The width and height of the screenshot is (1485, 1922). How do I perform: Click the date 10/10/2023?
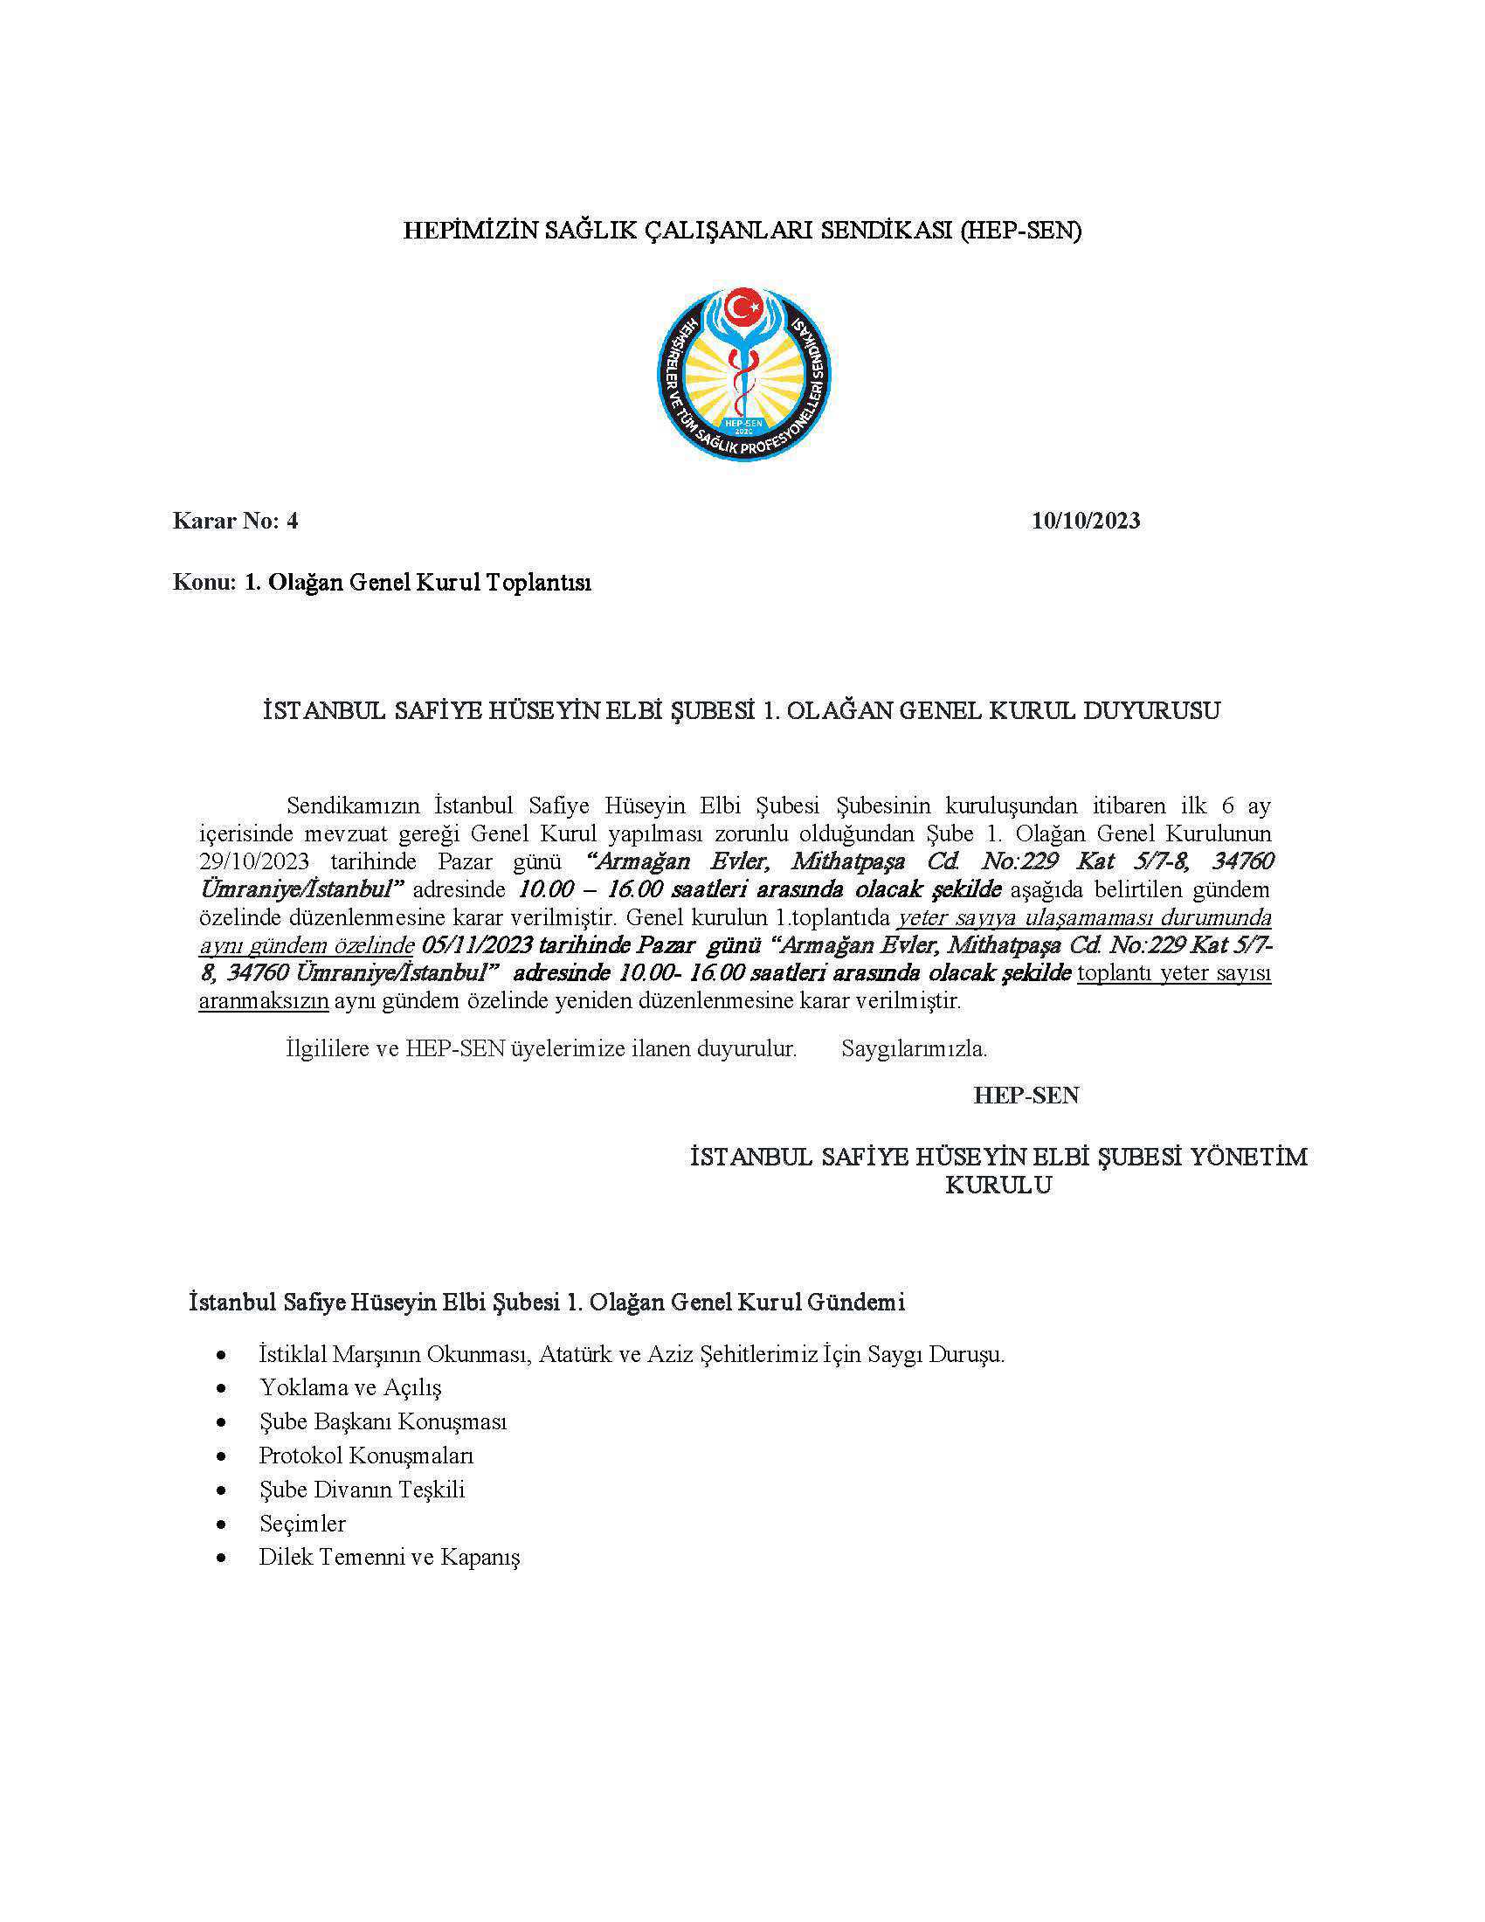pos(1086,521)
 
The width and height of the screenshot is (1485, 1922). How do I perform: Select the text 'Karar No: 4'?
pos(236,521)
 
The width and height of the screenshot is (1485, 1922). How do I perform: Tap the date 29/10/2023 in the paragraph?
pos(253,861)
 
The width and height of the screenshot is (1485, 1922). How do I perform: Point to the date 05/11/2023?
pos(475,946)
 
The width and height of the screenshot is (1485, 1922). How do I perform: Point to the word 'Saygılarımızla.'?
pos(914,1049)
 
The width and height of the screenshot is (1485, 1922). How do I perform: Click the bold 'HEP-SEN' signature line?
pos(1026,1096)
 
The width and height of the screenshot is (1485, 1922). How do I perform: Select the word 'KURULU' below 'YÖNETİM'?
pos(998,1186)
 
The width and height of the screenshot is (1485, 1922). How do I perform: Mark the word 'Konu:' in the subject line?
pos(201,583)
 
